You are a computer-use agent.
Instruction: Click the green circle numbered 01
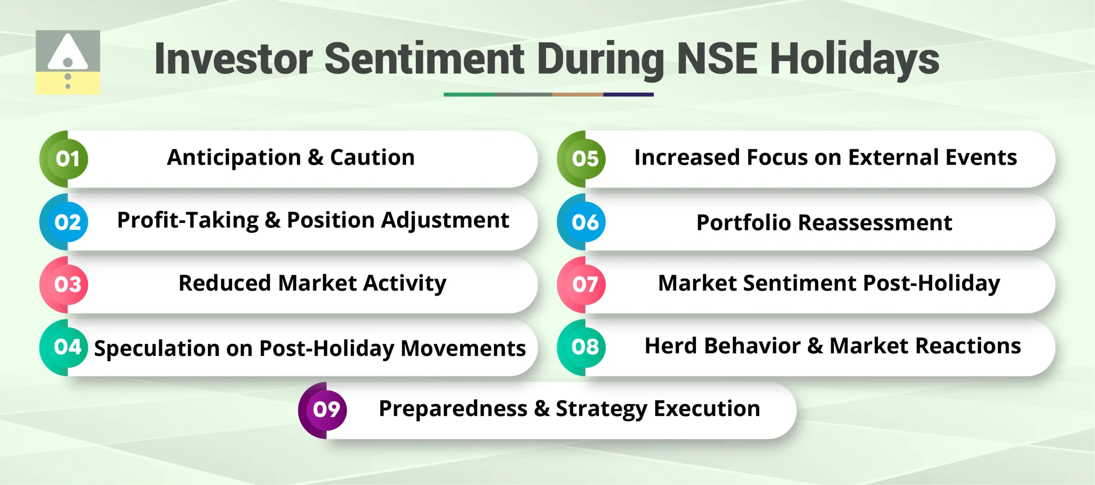[68, 159]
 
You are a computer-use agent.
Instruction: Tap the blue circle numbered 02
[68, 222]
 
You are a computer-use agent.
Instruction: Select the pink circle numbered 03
[68, 284]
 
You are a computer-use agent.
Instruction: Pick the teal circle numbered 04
[68, 347]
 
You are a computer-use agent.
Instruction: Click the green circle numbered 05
[585, 159]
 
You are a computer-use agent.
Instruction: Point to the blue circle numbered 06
[585, 222]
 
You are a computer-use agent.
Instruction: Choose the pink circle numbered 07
[585, 284]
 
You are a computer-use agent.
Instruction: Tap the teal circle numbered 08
[585, 347]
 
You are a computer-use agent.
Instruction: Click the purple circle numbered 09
[326, 410]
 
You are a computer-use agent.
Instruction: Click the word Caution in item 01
[372, 157]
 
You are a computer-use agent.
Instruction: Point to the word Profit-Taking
[188, 221]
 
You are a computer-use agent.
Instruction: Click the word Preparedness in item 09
[453, 408]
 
